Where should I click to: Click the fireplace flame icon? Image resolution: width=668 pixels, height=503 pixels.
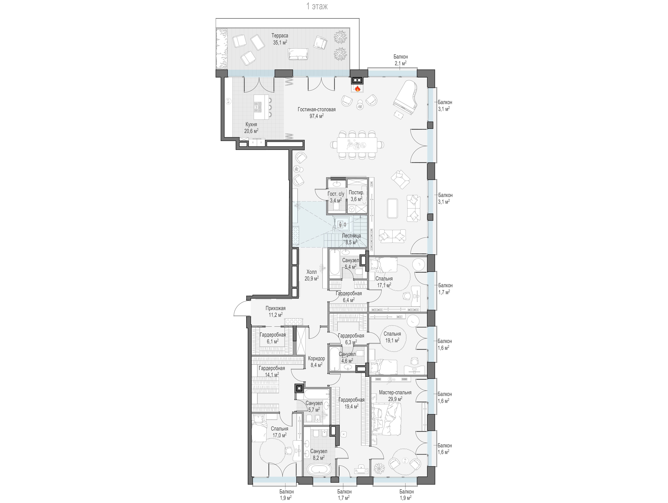[357, 88]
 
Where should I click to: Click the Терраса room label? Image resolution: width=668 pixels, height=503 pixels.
[280, 36]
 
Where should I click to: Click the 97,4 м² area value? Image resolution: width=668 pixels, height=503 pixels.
[316, 116]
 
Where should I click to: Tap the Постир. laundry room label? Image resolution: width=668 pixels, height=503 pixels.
[356, 192]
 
